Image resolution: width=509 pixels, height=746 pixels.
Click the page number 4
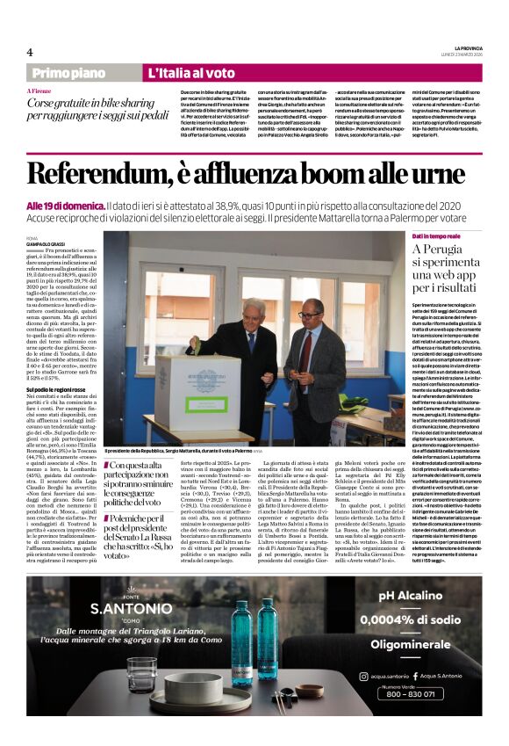click(x=30, y=52)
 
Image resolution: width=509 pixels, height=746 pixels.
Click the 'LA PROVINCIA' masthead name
click(x=470, y=47)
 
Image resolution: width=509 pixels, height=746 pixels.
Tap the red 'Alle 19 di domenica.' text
click(x=64, y=205)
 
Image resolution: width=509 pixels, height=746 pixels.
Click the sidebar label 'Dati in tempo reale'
click(x=436, y=237)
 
